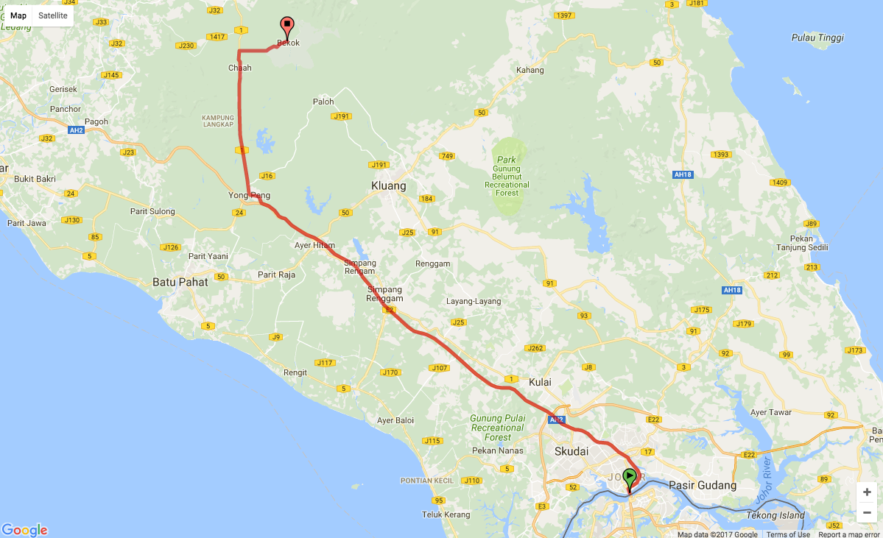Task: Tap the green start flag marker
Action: (x=630, y=476)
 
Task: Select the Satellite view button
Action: (x=53, y=15)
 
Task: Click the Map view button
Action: (x=18, y=15)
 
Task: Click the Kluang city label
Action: (x=389, y=186)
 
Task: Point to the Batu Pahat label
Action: (x=180, y=281)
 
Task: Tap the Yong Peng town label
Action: (x=249, y=196)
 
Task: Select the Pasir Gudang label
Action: (x=703, y=486)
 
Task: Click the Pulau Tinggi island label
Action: (x=817, y=38)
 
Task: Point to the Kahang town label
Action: (x=530, y=71)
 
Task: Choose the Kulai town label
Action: (x=540, y=382)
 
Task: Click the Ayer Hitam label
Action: (x=314, y=246)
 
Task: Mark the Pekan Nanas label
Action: (x=498, y=450)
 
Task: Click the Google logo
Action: (x=24, y=530)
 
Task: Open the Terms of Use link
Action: (x=788, y=534)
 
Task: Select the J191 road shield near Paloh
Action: (x=341, y=116)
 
